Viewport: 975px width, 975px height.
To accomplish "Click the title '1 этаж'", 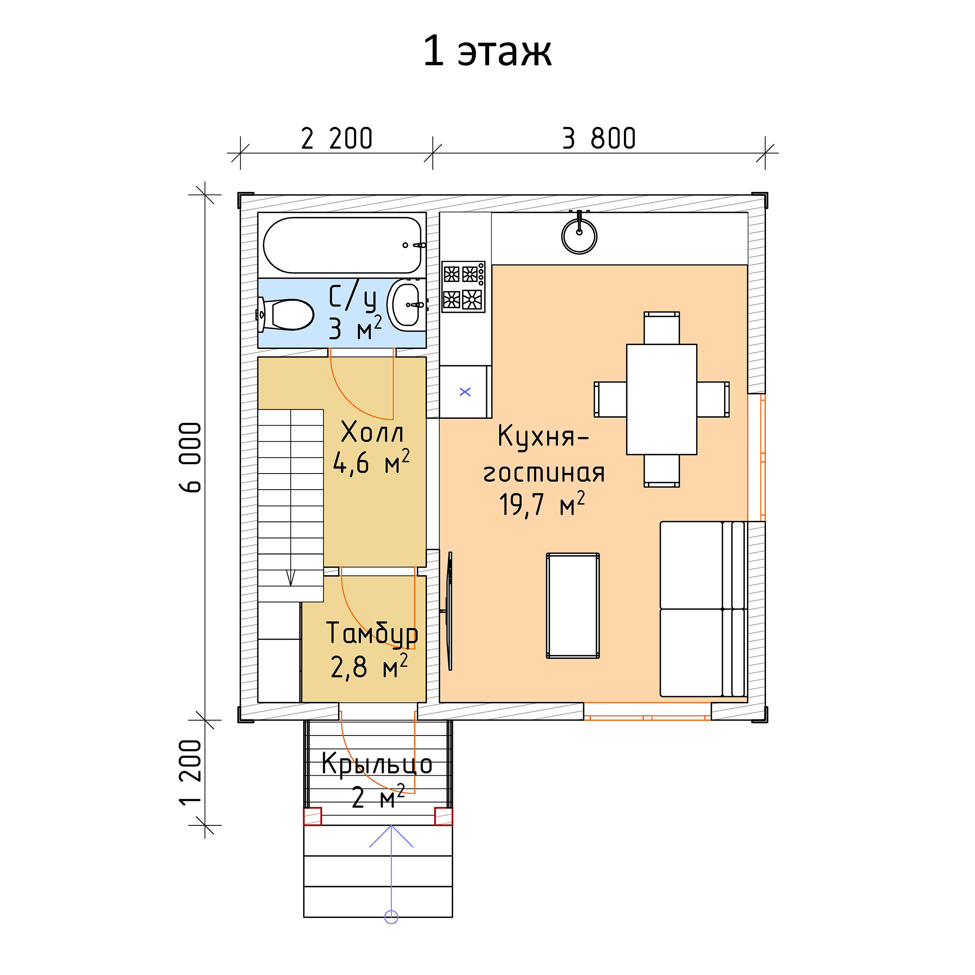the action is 487,51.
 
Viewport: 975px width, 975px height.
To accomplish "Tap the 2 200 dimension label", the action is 337,138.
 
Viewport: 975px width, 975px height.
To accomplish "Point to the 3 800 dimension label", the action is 599,138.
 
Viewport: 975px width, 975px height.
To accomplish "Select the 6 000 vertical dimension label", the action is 191,457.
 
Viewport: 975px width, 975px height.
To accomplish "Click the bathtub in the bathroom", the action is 343,245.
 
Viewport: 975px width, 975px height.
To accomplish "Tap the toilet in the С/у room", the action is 285,315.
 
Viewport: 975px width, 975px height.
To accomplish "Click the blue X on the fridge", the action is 465,392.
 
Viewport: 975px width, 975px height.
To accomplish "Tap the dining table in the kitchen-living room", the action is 662,399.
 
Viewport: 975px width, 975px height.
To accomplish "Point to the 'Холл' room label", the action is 373,432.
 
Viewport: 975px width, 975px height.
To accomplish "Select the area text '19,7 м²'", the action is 542,504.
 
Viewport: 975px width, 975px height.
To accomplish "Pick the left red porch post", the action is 312,816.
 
